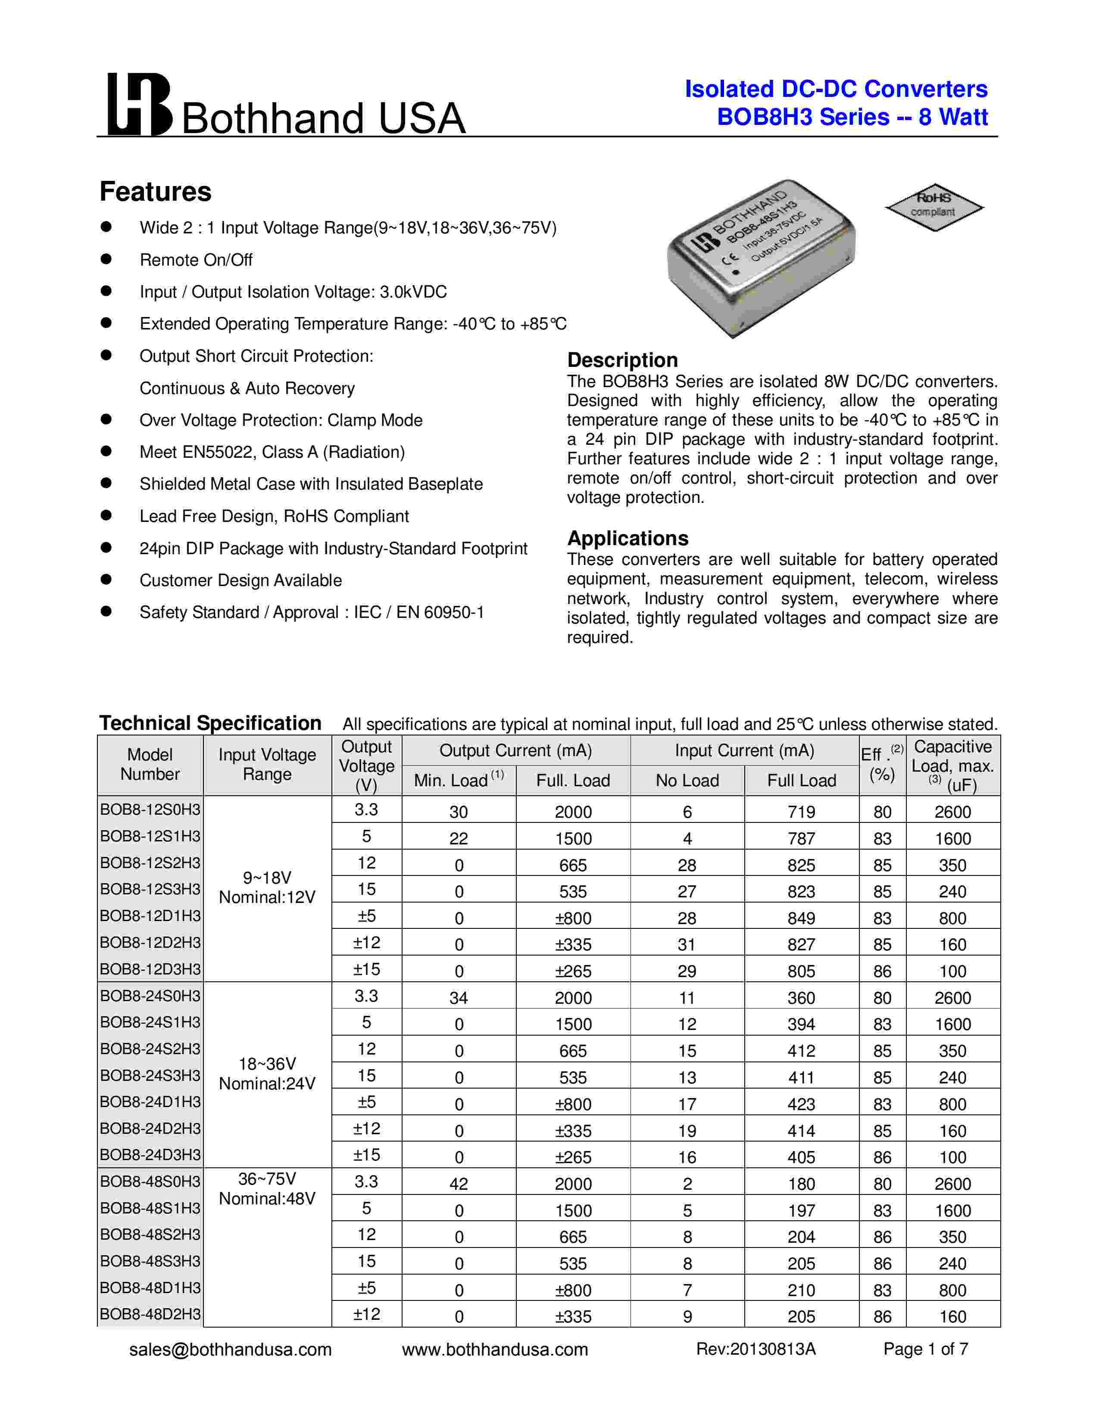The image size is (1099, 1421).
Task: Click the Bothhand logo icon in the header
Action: [139, 104]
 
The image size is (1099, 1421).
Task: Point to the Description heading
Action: [622, 360]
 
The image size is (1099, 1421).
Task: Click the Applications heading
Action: [627, 538]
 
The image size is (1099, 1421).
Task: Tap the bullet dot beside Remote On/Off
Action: [106, 259]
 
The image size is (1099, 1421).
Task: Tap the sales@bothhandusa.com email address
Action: [231, 1350]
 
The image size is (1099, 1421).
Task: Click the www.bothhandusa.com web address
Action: [495, 1350]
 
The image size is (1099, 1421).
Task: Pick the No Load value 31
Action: [687, 945]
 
